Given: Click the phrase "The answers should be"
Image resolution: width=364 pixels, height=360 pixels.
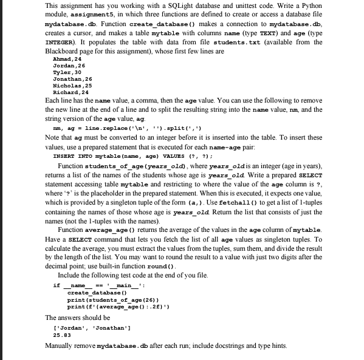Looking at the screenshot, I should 78,317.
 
